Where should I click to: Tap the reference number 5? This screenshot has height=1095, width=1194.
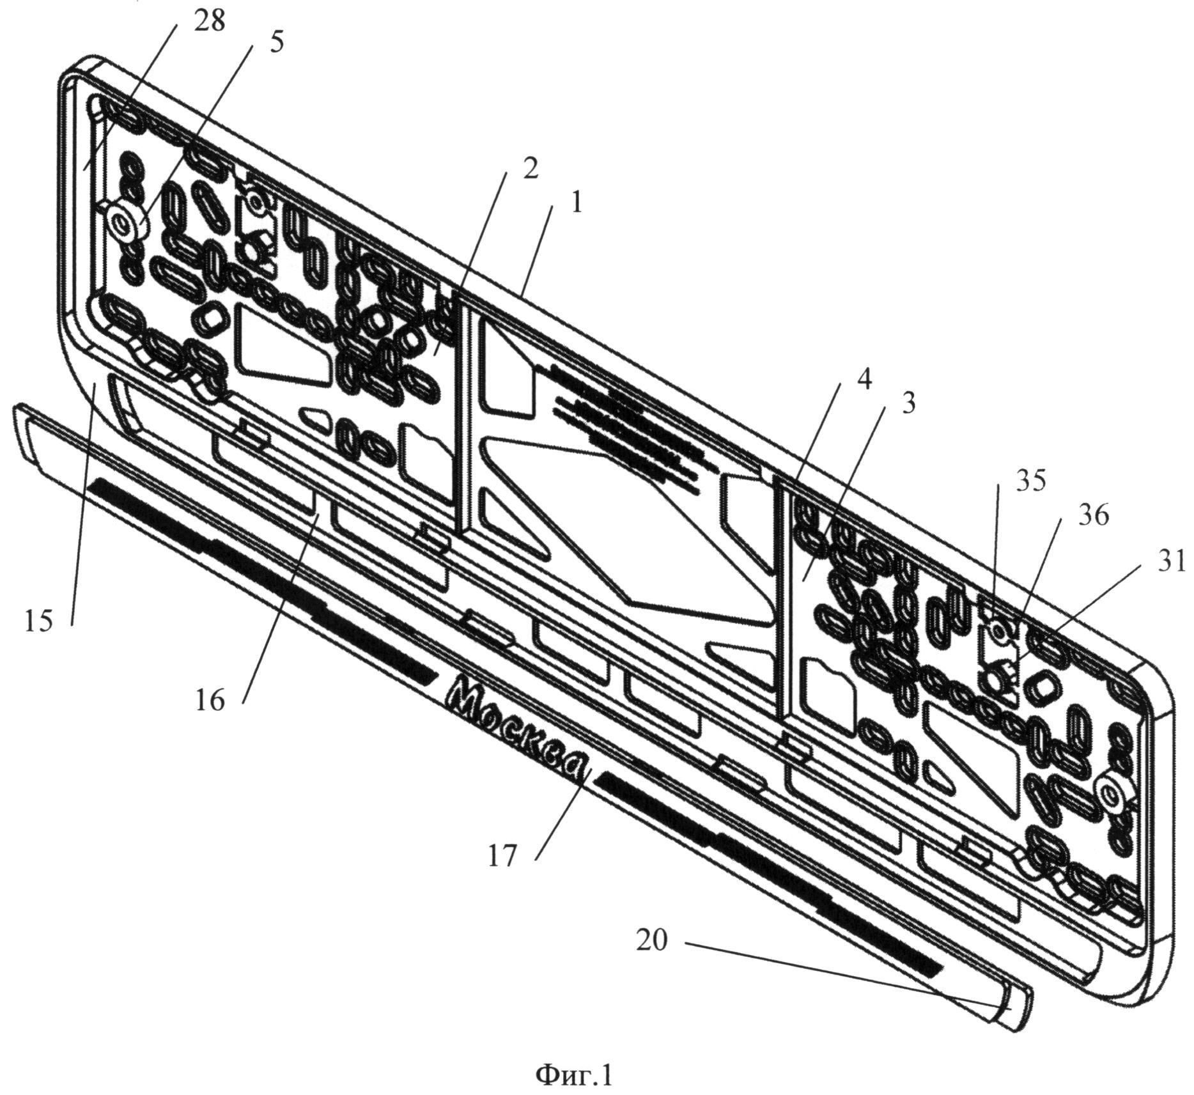coord(276,43)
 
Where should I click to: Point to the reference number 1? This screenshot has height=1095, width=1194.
coord(576,204)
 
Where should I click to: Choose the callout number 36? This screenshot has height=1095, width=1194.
coord(1093,515)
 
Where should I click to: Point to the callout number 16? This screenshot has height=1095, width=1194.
coord(211,701)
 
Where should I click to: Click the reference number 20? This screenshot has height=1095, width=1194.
coord(651,940)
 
